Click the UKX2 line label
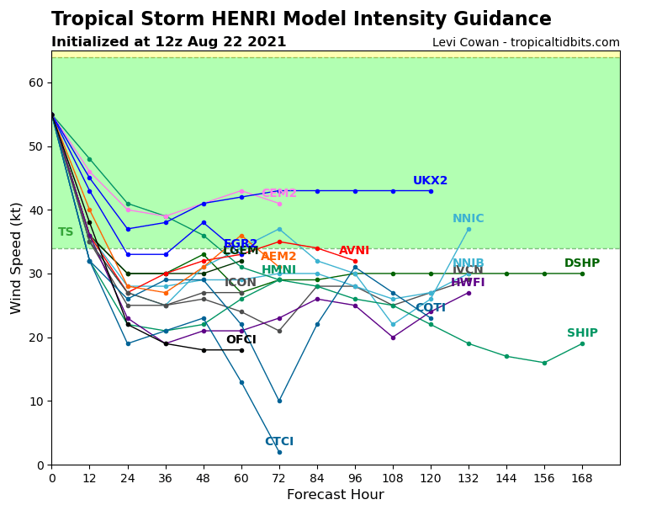click(x=430, y=181)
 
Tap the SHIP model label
click(x=582, y=333)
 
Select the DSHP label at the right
click(x=582, y=263)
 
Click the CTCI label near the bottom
click(x=279, y=442)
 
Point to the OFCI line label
click(x=241, y=340)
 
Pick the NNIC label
click(x=469, y=219)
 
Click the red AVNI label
click(x=354, y=251)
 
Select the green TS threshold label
click(x=66, y=232)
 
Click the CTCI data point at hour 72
click(x=279, y=452)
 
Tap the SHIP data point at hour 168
click(x=582, y=343)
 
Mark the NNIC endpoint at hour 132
click(x=469, y=229)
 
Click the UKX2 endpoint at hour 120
click(x=431, y=191)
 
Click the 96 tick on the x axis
click(x=355, y=477)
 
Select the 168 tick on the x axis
click(x=582, y=477)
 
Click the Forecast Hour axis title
click(x=335, y=495)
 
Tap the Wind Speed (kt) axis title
click(x=17, y=258)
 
